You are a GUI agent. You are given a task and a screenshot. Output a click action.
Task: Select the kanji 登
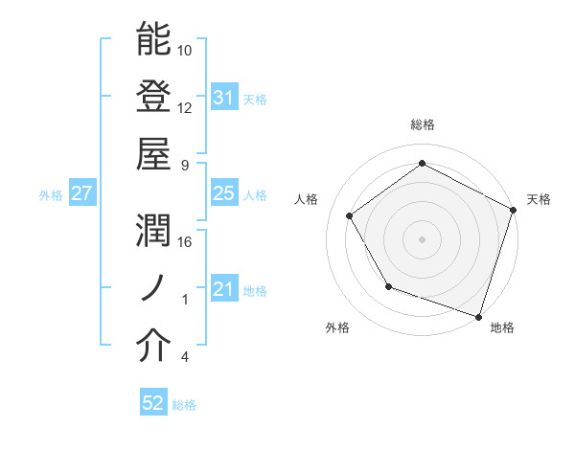pyautogui.click(x=153, y=97)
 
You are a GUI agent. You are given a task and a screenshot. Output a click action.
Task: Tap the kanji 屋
pyautogui.click(x=153, y=153)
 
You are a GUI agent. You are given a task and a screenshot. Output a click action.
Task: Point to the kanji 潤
pyautogui.click(x=153, y=231)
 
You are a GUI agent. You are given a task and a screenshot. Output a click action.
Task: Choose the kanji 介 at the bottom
pyautogui.click(x=153, y=347)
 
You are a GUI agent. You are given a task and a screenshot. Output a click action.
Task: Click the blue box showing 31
pyautogui.click(x=223, y=98)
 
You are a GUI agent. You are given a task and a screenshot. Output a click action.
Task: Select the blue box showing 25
pyautogui.click(x=223, y=193)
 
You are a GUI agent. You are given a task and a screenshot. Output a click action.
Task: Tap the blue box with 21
pyautogui.click(x=223, y=289)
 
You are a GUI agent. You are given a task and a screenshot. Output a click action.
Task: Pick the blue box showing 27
pyautogui.click(x=82, y=193)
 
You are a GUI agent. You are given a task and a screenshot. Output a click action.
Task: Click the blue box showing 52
pyautogui.click(x=153, y=403)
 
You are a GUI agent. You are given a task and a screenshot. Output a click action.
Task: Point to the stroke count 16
pyautogui.click(x=185, y=241)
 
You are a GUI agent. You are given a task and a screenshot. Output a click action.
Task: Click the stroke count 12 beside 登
pyautogui.click(x=185, y=107)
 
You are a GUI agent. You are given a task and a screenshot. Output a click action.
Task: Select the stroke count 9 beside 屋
pyautogui.click(x=185, y=165)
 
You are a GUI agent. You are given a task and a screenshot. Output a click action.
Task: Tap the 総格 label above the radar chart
pyautogui.click(x=422, y=124)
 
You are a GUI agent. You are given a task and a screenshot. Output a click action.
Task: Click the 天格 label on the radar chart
pyautogui.click(x=539, y=199)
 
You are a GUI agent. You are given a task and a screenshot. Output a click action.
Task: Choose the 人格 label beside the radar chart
pyautogui.click(x=307, y=199)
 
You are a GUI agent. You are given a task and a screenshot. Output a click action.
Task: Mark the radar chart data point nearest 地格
pyautogui.click(x=478, y=316)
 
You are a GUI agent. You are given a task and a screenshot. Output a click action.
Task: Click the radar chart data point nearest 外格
pyautogui.click(x=388, y=286)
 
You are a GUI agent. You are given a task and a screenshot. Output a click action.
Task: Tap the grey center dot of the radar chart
pyautogui.click(x=422, y=238)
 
